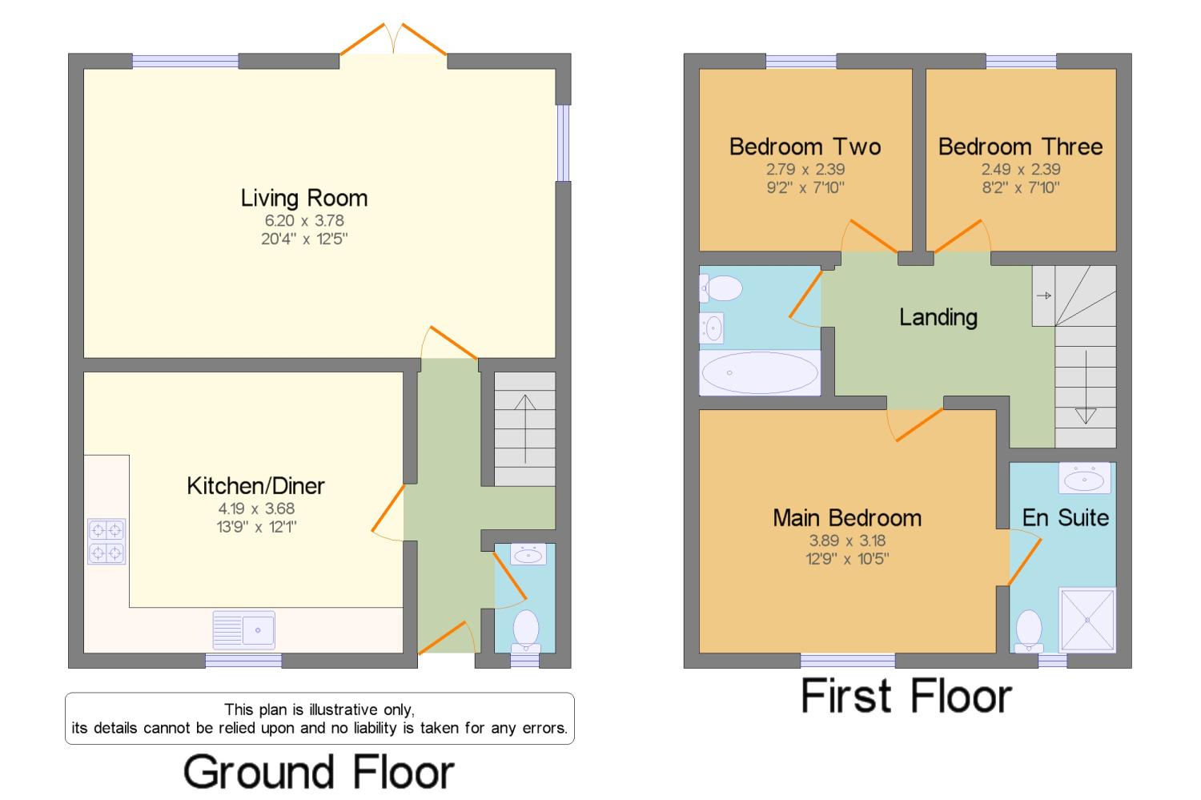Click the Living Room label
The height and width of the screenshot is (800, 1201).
[304, 199]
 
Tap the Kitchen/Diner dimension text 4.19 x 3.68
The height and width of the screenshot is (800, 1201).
[256, 509]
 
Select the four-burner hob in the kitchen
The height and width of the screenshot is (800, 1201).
[106, 541]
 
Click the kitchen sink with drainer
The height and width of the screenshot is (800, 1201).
[244, 630]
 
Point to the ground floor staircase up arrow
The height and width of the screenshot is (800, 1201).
[525, 429]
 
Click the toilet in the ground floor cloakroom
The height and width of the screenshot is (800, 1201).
[525, 631]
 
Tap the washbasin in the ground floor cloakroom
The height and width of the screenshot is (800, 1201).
[528, 554]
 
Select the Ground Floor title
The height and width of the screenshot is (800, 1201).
[319, 772]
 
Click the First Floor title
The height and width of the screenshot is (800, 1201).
[906, 695]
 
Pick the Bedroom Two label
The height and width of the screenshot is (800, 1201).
[805, 147]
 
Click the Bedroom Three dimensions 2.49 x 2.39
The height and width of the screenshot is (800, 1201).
[1021, 170]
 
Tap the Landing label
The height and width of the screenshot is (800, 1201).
[938, 317]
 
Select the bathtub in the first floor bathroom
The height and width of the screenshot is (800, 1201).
[761, 372]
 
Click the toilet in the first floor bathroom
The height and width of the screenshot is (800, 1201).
[721, 288]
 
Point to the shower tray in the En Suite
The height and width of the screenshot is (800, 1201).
[1087, 620]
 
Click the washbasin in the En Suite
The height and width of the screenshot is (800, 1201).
[1085, 478]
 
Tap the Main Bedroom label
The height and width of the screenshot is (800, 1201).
[847, 518]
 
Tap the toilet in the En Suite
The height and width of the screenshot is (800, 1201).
[1029, 630]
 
